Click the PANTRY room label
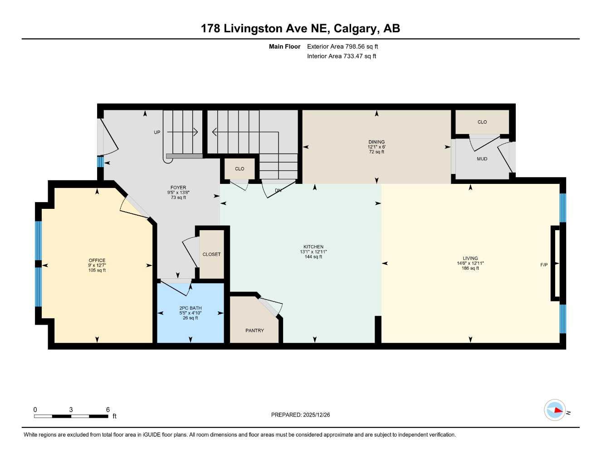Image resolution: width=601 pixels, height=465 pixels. click(254, 331)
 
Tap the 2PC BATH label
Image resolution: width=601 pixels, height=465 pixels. click(190, 308)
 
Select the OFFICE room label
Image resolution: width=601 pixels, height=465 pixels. click(97, 260)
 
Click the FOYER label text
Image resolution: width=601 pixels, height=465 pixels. click(178, 188)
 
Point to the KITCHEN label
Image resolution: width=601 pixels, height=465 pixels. click(313, 247)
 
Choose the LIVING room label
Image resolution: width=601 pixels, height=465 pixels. click(470, 258)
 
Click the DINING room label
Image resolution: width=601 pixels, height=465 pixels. click(376, 142)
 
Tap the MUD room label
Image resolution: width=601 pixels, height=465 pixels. click(482, 159)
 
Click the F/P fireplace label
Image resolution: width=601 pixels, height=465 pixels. click(544, 265)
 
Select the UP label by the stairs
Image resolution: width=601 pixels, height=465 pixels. click(157, 133)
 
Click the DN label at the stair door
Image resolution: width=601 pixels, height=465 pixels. click(278, 191)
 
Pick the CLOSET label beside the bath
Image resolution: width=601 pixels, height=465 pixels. click(211, 254)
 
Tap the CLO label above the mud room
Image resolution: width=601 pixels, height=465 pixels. click(482, 122)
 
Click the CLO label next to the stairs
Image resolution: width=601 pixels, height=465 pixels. click(239, 169)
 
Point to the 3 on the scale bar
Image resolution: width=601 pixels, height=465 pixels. click(71, 410)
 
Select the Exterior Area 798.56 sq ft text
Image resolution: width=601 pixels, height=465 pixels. click(342, 46)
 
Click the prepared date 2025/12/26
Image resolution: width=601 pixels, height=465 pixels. click(317, 415)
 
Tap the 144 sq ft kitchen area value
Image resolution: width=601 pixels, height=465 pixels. click(313, 257)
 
